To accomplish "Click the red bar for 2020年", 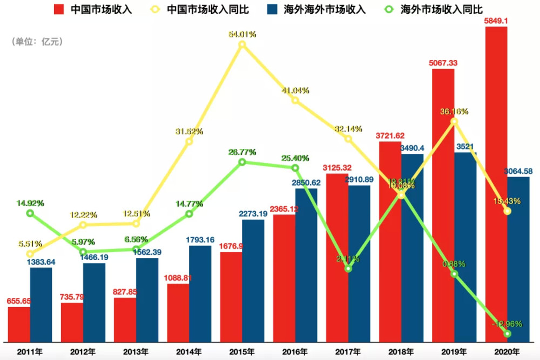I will (496, 184).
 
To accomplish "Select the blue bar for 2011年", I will (41, 304).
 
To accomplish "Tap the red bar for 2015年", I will (231, 297).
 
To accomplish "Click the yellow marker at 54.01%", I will (242, 44).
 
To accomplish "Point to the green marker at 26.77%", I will (242, 162).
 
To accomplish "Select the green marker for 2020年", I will (507, 334).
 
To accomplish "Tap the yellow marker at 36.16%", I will (454, 121).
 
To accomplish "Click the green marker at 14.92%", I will (30, 213).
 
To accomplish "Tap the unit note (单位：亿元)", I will (37, 42).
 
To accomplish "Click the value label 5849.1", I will (496, 21).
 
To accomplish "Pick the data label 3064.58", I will (517, 172).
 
